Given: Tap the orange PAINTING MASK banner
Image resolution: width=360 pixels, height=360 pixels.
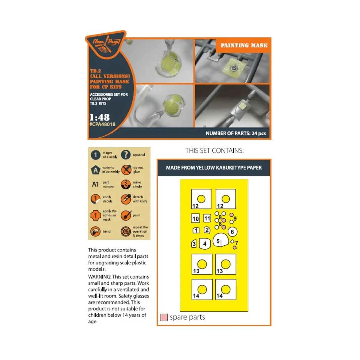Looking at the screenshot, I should point(244,45).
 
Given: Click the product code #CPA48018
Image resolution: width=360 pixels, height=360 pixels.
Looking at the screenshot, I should point(102,124).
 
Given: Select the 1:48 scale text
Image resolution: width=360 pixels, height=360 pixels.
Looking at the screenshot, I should point(100,117).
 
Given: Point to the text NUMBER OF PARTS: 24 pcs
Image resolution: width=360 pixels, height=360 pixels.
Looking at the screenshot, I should point(235,133).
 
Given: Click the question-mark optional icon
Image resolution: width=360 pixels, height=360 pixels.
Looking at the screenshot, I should point(126,155).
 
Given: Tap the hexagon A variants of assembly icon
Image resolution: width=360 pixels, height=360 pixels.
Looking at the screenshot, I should point(95,170).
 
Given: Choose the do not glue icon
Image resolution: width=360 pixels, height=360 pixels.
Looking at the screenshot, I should point(126,170).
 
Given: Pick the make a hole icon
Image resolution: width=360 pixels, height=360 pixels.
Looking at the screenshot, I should point(126,184).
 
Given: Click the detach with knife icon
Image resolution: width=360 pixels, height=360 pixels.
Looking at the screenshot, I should point(126,199).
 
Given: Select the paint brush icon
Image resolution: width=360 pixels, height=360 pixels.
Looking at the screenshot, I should point(126,215).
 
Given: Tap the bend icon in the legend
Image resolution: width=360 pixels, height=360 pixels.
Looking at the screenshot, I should point(95,231).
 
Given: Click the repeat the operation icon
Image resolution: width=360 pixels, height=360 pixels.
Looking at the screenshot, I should point(126,231).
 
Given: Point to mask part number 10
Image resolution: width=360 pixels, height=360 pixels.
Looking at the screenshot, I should point(196,218).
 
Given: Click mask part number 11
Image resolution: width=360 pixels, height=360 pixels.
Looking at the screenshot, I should point(207,218).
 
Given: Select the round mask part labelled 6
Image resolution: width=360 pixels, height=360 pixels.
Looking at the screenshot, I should point(232,232).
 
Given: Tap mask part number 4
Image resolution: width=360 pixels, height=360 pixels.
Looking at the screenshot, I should point(205,244).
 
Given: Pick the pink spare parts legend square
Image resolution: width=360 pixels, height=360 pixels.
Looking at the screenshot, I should point(164,317).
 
